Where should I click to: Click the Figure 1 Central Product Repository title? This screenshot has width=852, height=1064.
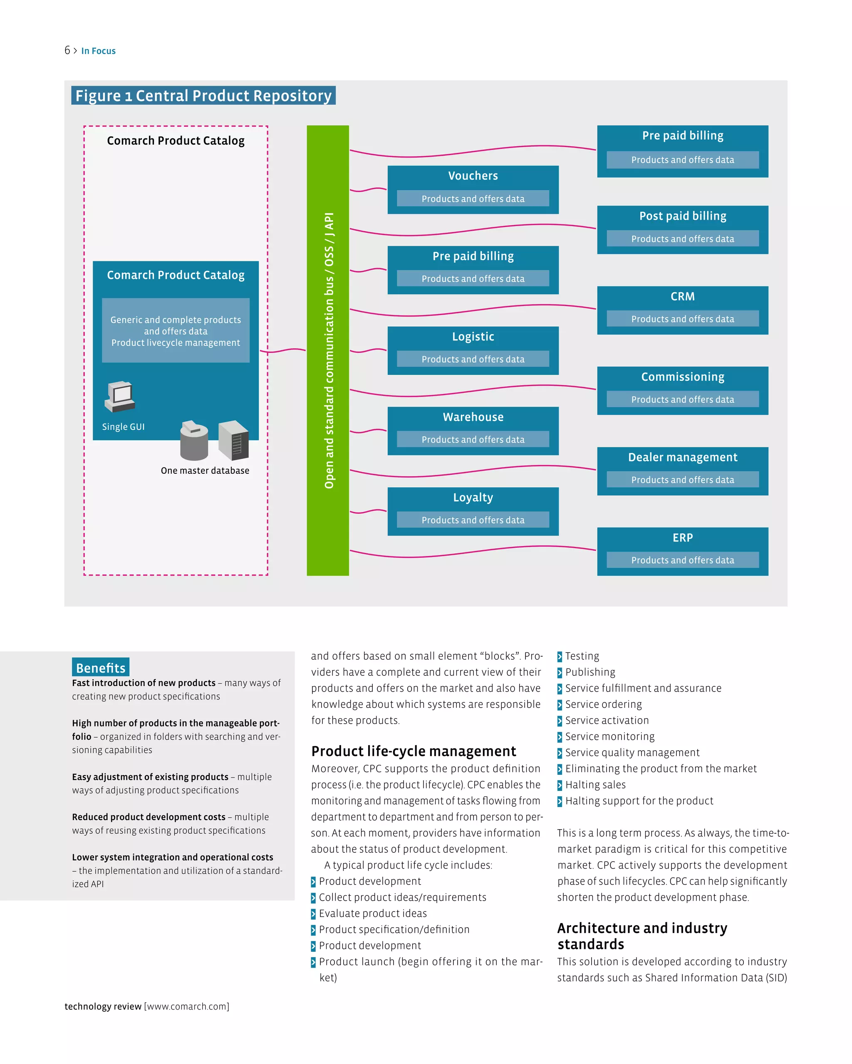tap(203, 96)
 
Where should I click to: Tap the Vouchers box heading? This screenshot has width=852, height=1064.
tap(473, 176)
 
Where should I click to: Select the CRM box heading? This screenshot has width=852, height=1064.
tap(682, 297)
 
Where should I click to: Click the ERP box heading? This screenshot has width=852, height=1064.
tap(682, 538)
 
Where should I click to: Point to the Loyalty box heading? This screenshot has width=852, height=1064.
tap(473, 498)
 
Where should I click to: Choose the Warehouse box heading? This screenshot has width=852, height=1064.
tap(473, 417)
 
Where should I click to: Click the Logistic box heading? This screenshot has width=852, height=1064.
tap(473, 337)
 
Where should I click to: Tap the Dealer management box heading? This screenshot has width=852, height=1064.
tap(682, 458)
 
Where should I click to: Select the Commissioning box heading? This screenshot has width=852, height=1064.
tap(682, 377)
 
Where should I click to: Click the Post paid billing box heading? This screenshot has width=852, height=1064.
tap(682, 216)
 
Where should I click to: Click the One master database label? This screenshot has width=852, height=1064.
tap(205, 471)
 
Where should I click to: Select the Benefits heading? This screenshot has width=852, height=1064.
tap(101, 668)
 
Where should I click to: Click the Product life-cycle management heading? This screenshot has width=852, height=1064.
tap(414, 751)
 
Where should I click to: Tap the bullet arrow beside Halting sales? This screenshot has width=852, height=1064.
tap(560, 785)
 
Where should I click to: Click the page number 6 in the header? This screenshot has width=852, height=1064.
tap(67, 50)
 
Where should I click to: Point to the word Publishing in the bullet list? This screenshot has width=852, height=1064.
tap(590, 672)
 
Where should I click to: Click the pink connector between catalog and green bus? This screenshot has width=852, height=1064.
tap(282, 351)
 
